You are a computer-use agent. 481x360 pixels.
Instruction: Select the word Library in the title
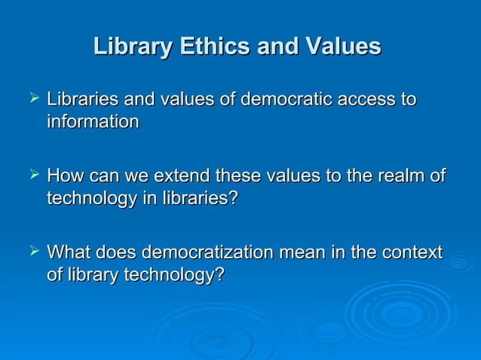click(x=133, y=47)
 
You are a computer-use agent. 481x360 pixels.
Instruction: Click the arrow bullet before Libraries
click(x=31, y=99)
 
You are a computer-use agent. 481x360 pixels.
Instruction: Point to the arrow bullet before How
click(x=31, y=176)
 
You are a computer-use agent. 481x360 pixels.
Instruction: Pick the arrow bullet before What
click(x=31, y=253)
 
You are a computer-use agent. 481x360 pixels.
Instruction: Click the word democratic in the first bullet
click(x=277, y=99)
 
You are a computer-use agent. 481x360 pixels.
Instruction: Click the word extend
click(x=182, y=177)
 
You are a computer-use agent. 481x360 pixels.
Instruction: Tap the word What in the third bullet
click(x=68, y=254)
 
